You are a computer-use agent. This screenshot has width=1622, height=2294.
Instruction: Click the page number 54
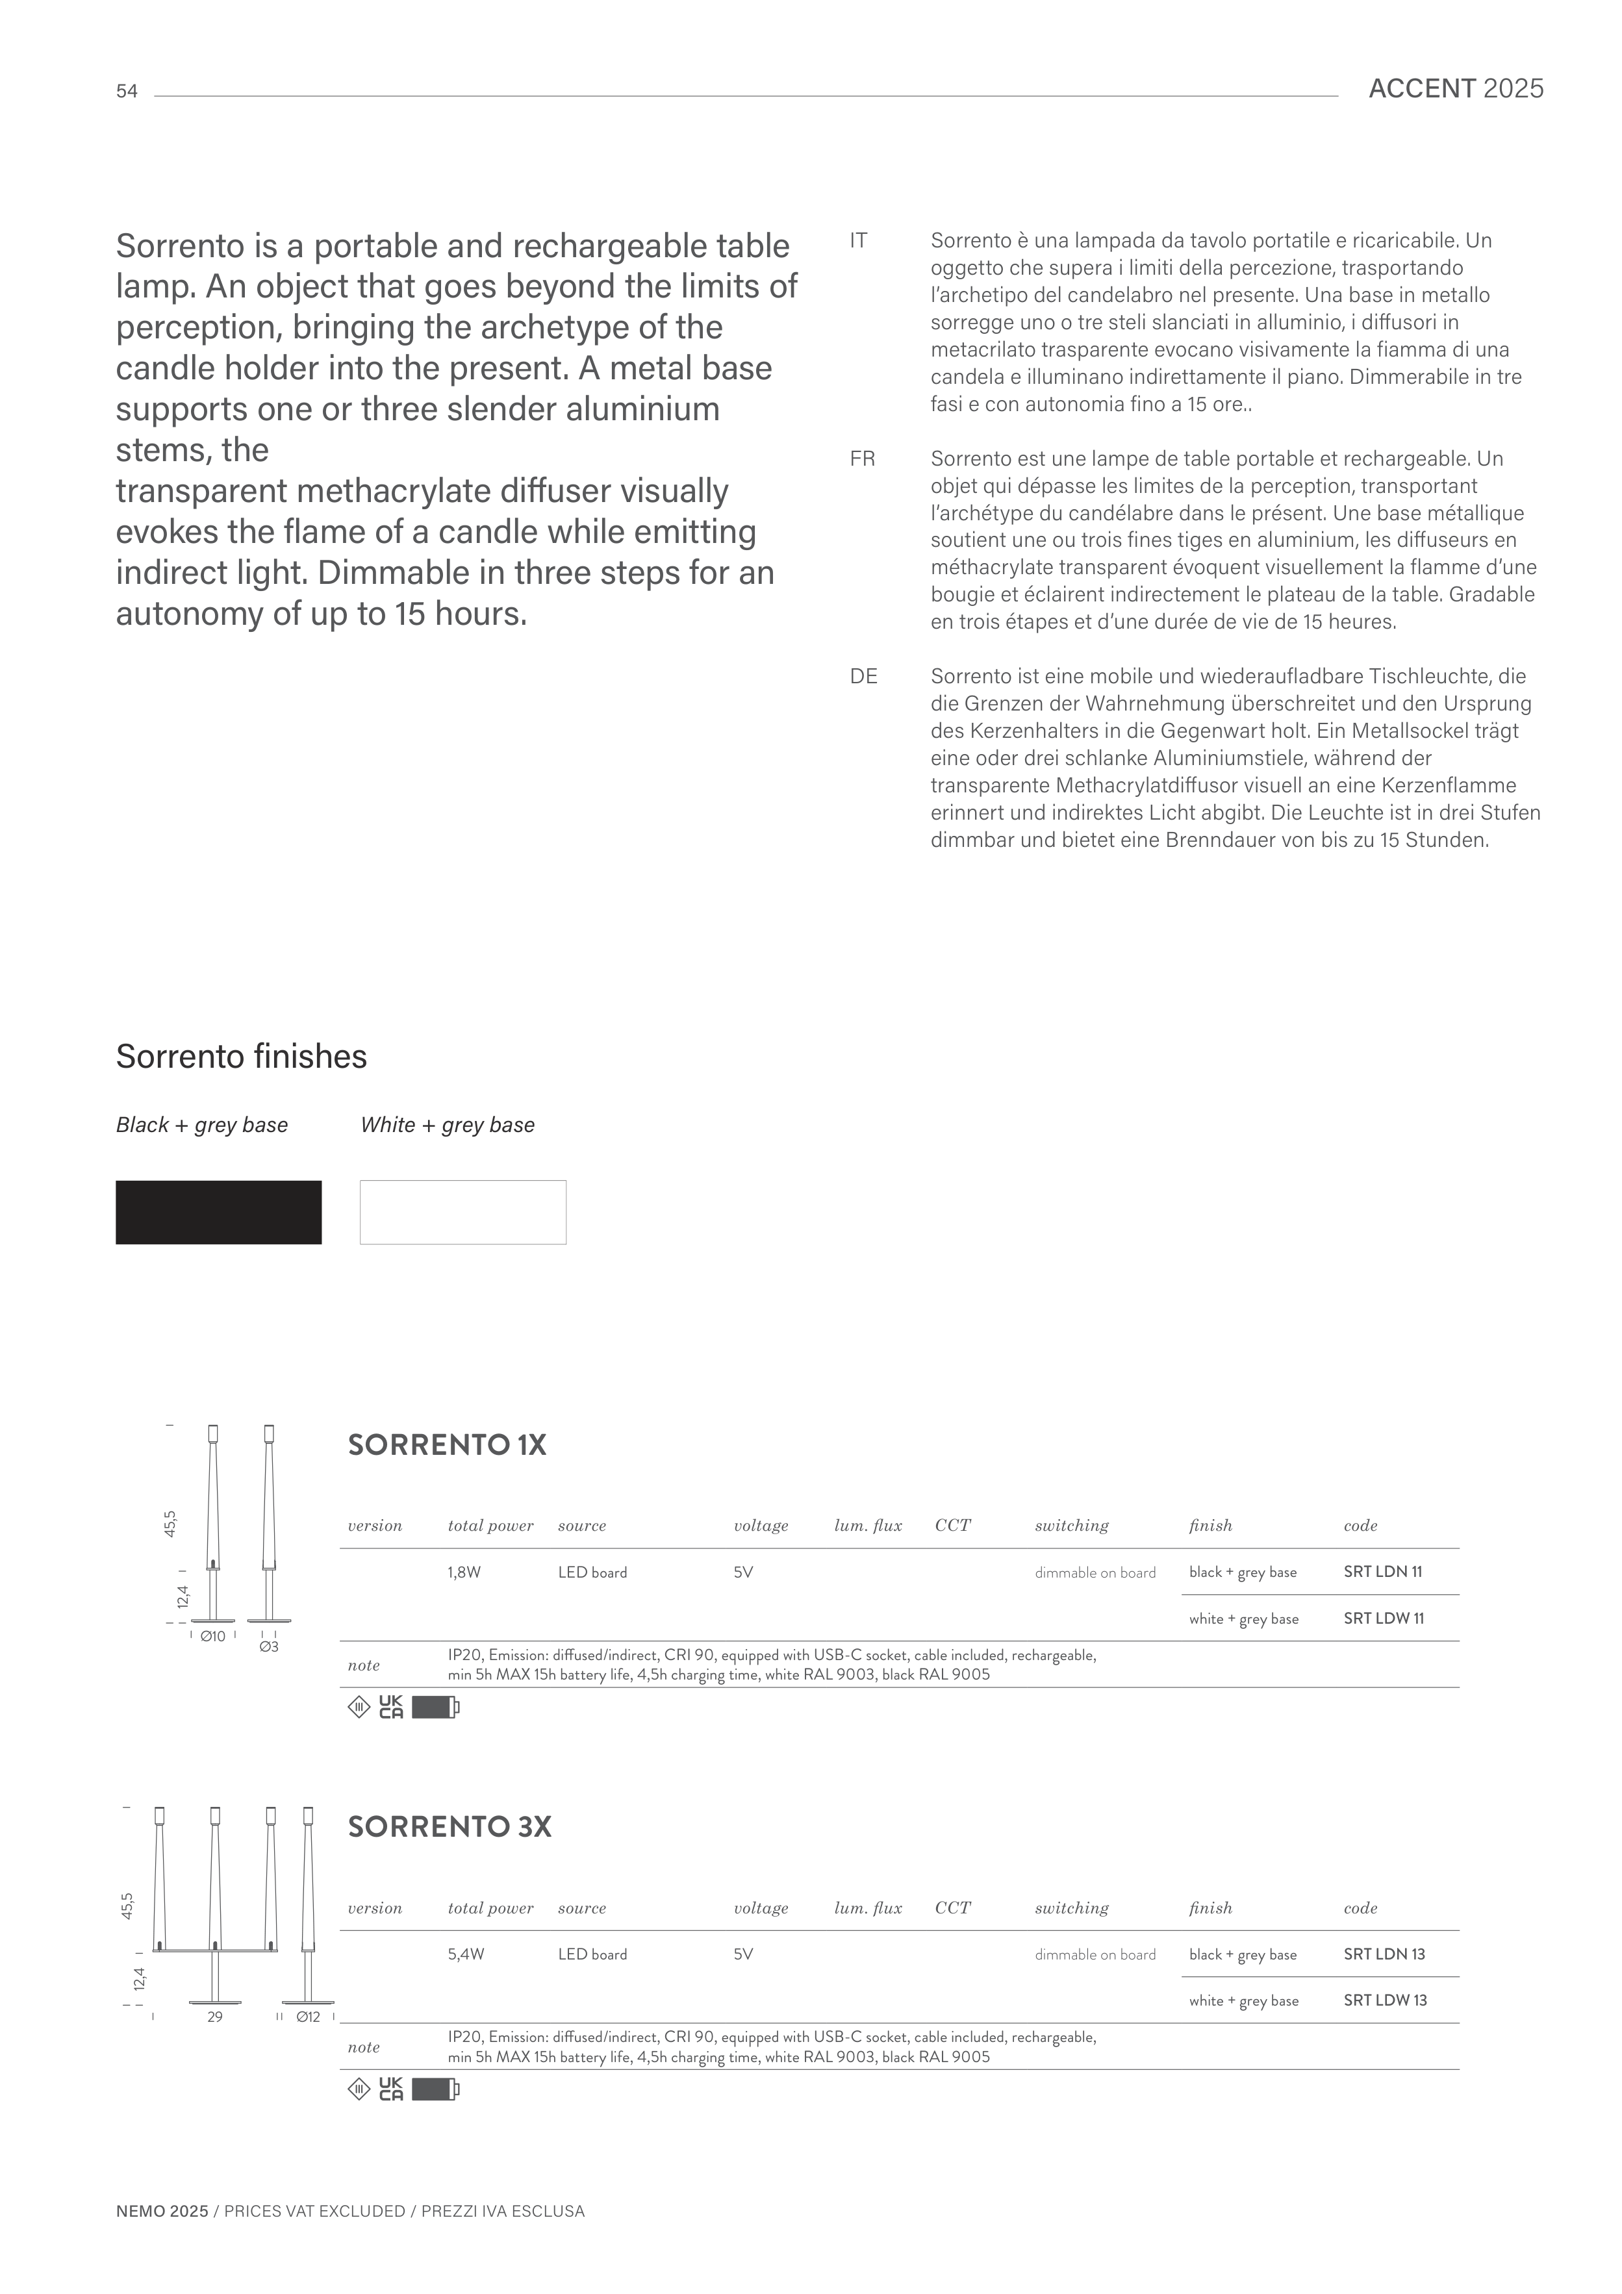coord(127,92)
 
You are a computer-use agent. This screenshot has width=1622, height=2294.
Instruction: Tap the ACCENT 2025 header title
coord(1455,89)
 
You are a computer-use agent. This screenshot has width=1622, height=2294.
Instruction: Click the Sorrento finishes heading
coord(241,1056)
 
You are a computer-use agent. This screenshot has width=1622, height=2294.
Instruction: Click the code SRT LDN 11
coord(1383,1572)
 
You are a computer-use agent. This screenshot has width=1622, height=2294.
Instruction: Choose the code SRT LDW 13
coord(1384,2000)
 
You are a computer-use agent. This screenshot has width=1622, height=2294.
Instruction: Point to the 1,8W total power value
coord(464,1572)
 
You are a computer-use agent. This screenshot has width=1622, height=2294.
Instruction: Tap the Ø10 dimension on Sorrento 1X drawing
coord(213,1637)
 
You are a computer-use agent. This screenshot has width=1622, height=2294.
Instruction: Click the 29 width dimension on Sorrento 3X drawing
coord(215,2017)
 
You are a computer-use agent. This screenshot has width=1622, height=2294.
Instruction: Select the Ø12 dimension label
coord(308,2017)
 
